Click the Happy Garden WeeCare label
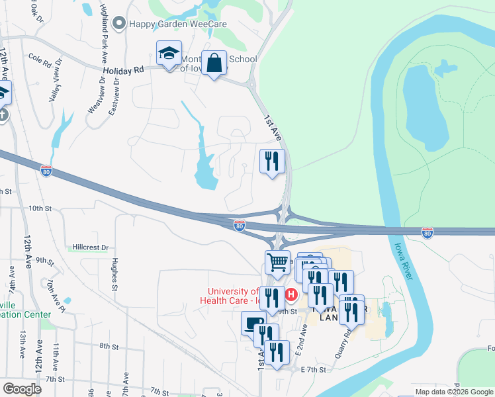click(x=177, y=24)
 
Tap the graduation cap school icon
click(x=169, y=53)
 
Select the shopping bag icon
click(x=214, y=64)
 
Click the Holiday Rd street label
click(x=123, y=69)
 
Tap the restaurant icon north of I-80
click(x=272, y=161)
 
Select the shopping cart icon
click(x=277, y=261)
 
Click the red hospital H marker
click(x=290, y=293)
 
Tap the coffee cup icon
click(x=252, y=324)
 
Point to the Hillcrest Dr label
click(x=91, y=247)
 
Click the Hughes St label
click(x=114, y=275)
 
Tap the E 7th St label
click(x=314, y=369)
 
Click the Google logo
click(x=22, y=389)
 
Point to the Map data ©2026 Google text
click(x=453, y=392)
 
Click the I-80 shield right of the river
click(x=427, y=232)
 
